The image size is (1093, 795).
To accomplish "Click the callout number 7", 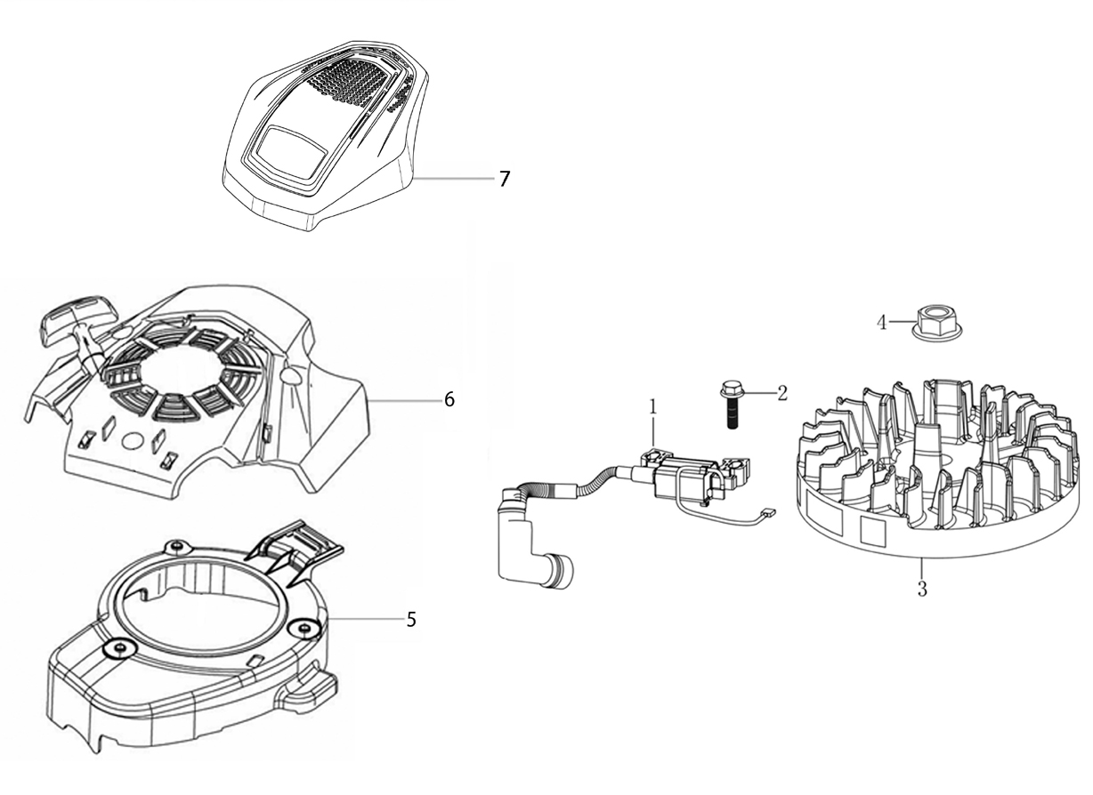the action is [505, 179].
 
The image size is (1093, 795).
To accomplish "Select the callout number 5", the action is [411, 620].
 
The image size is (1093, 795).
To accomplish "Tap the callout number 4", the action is [882, 323].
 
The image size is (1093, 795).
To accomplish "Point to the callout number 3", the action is [922, 589].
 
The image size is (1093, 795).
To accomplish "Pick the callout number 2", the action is [782, 393].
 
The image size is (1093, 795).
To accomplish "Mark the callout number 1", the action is [653, 407].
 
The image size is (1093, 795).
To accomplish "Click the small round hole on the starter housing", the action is [133, 440].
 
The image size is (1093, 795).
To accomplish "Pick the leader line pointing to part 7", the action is [455, 179].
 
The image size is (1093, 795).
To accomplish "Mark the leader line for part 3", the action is [921, 568].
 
